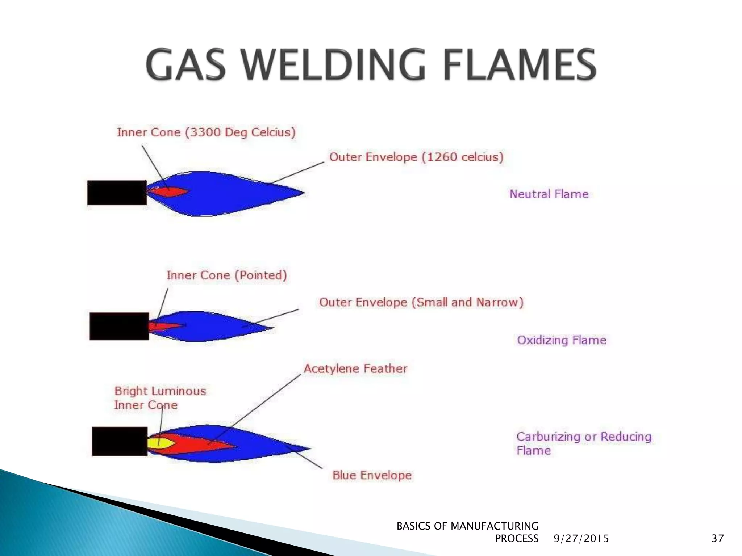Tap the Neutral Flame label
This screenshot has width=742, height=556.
click(549, 194)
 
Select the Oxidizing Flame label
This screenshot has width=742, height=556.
click(562, 340)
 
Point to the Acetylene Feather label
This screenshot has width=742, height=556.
click(355, 369)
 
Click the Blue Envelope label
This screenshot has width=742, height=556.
click(372, 475)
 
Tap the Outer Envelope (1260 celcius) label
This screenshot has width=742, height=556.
click(416, 157)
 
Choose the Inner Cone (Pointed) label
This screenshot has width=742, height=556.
click(227, 275)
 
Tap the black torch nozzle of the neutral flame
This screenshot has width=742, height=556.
click(117, 193)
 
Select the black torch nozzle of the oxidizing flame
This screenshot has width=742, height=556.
click(119, 326)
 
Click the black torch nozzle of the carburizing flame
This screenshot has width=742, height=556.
click(120, 441)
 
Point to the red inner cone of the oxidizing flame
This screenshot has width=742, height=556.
click(163, 326)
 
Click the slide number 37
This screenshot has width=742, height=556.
click(717, 539)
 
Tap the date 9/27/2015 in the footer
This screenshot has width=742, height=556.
click(581, 539)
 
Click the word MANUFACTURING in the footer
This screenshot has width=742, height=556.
click(494, 526)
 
